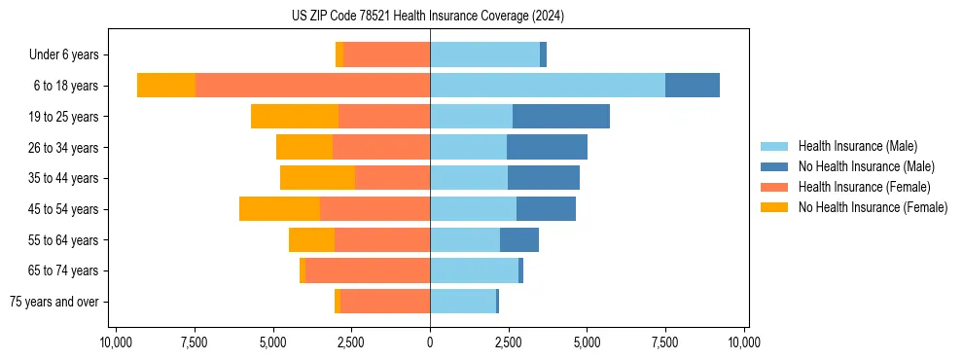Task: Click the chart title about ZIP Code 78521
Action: pyautogui.click(x=428, y=16)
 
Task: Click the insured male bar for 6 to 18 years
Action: pyautogui.click(x=548, y=86)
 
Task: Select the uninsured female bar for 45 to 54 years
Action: pyautogui.click(x=279, y=209)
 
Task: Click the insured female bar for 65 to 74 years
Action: pyautogui.click(x=368, y=270)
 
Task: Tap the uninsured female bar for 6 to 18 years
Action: pyautogui.click(x=166, y=86)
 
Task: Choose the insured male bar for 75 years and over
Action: pyautogui.click(x=463, y=302)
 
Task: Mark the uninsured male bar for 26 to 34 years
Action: pyautogui.click(x=547, y=148)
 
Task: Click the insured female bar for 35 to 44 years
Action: pyautogui.click(x=392, y=178)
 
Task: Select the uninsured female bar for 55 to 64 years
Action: pyautogui.click(x=311, y=240)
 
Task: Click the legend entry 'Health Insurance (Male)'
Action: pyautogui.click(x=857, y=146)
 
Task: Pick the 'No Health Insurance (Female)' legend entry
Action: pyautogui.click(x=873, y=207)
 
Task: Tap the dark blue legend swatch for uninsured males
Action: pyautogui.click(x=774, y=166)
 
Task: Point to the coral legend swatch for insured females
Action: pyautogui.click(x=774, y=187)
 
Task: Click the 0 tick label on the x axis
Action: pyautogui.click(x=430, y=342)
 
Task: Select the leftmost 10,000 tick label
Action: pyautogui.click(x=116, y=342)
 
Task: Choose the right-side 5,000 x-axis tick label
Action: pyautogui.click(x=587, y=342)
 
